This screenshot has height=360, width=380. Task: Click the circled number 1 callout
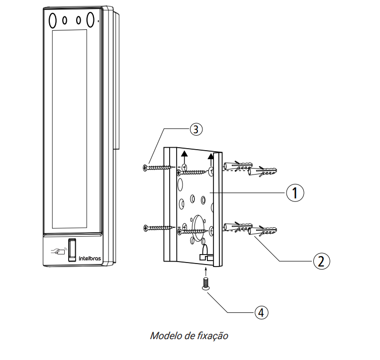(295, 192)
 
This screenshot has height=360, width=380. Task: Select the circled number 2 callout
(321, 260)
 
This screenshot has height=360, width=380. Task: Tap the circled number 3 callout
(195, 129)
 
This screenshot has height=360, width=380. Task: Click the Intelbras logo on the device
(90, 258)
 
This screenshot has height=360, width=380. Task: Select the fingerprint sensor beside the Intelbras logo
(72, 247)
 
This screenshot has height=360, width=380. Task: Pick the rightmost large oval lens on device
(91, 19)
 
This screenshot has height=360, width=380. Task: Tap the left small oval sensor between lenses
(65, 20)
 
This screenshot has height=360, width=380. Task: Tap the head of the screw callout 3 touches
(145, 168)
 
